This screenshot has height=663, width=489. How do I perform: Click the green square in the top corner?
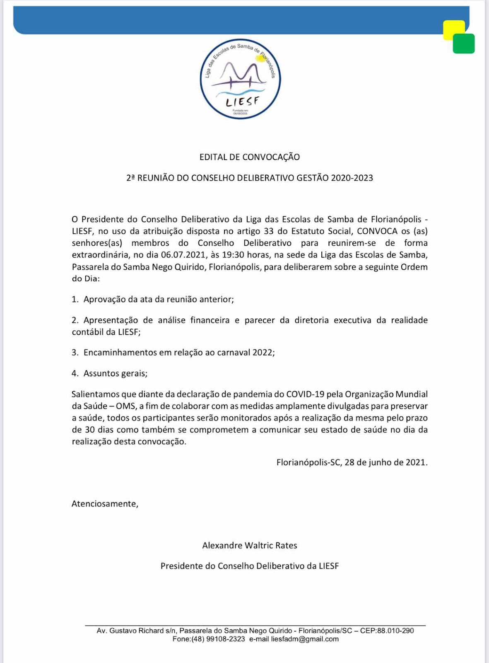pyautogui.click(x=464, y=44)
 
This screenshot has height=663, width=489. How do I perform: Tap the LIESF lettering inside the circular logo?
pyautogui.click(x=243, y=101)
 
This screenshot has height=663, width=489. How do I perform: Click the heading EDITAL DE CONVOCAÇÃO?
pyautogui.click(x=250, y=157)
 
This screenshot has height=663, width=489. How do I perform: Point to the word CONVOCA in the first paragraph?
pyautogui.click(x=377, y=231)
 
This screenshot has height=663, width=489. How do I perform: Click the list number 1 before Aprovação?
pyautogui.click(x=75, y=300)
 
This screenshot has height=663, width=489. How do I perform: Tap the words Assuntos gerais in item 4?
pyautogui.click(x=115, y=373)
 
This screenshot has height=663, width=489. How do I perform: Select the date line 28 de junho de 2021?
pyautogui.click(x=386, y=462)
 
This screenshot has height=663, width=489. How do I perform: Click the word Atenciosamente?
pyautogui.click(x=105, y=504)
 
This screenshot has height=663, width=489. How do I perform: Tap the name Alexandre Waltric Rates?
pyautogui.click(x=250, y=546)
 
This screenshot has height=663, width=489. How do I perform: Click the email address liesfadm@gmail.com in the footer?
pyautogui.click(x=305, y=639)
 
